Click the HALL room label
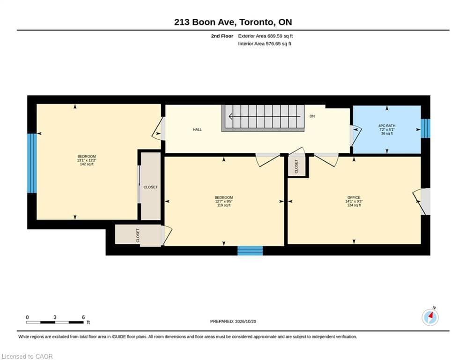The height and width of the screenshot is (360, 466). click(197, 129)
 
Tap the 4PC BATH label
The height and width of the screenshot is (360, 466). click(387, 126)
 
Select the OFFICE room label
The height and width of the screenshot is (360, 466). click(354, 197)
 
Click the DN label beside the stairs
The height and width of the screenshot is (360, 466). click(312, 116)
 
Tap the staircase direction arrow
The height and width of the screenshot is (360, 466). click(265, 116)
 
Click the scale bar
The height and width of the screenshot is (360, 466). click(55, 322)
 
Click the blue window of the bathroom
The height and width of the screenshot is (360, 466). click(426, 128)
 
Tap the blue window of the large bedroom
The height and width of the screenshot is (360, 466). click(32, 163)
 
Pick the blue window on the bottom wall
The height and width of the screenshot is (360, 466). click(250, 250)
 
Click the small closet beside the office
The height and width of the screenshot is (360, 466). click(296, 166)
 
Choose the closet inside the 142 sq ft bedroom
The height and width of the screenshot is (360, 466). click(150, 187)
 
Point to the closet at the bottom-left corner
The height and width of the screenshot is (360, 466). click(138, 235)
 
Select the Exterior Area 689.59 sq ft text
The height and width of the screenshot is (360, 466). click(266, 36)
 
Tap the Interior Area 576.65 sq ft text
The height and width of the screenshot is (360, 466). click(265, 44)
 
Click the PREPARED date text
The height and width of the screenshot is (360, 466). click(233, 321)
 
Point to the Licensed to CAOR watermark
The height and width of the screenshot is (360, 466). click(27, 356)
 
